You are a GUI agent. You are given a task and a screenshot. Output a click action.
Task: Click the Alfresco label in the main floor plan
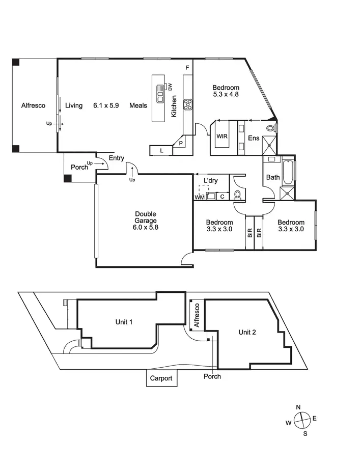click(33, 106)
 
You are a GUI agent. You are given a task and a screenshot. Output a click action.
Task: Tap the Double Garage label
click(146, 221)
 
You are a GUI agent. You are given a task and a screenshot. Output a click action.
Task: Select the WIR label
click(221, 136)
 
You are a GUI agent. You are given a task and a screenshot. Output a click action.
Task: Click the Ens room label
click(254, 138)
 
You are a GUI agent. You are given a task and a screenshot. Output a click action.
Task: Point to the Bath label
click(273, 177)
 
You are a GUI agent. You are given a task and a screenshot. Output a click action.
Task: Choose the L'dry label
click(211, 181)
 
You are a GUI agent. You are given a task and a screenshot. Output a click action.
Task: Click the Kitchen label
click(174, 106)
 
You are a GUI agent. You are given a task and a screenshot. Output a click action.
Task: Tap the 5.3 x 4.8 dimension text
click(226, 94)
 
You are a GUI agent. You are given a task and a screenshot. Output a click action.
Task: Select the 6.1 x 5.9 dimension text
click(106, 106)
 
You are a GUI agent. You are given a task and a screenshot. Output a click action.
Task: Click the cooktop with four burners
click(187, 105)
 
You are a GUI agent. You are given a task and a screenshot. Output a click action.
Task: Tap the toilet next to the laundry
click(237, 195)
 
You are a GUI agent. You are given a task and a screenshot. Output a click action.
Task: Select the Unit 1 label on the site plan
click(124, 322)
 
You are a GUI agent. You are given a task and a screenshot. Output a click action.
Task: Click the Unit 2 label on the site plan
click(247, 332)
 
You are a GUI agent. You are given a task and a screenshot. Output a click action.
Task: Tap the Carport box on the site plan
click(161, 378)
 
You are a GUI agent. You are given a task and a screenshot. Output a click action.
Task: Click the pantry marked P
click(181, 144)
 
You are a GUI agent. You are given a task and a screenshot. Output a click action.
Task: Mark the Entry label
click(116, 158)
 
